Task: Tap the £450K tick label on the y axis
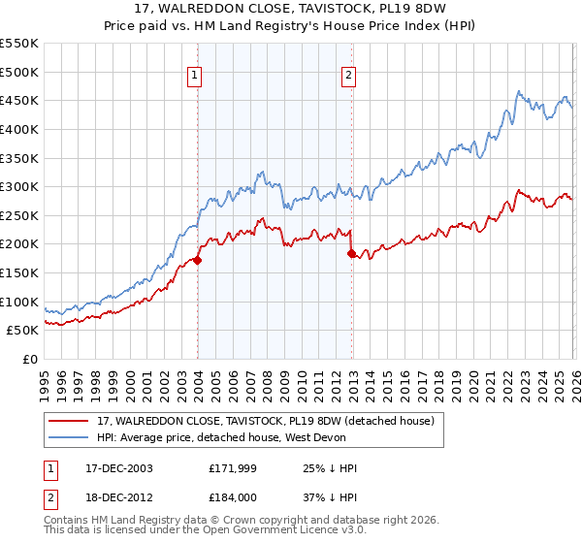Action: [x=18, y=100]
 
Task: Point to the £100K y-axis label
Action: [x=18, y=302]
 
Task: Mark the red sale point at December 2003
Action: [x=197, y=260]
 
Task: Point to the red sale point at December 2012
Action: [x=351, y=253]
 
